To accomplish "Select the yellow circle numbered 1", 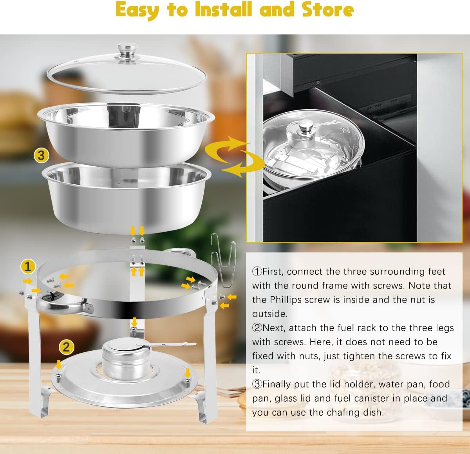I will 28,267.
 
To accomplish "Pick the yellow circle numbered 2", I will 66,347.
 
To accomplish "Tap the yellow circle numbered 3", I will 41,155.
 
